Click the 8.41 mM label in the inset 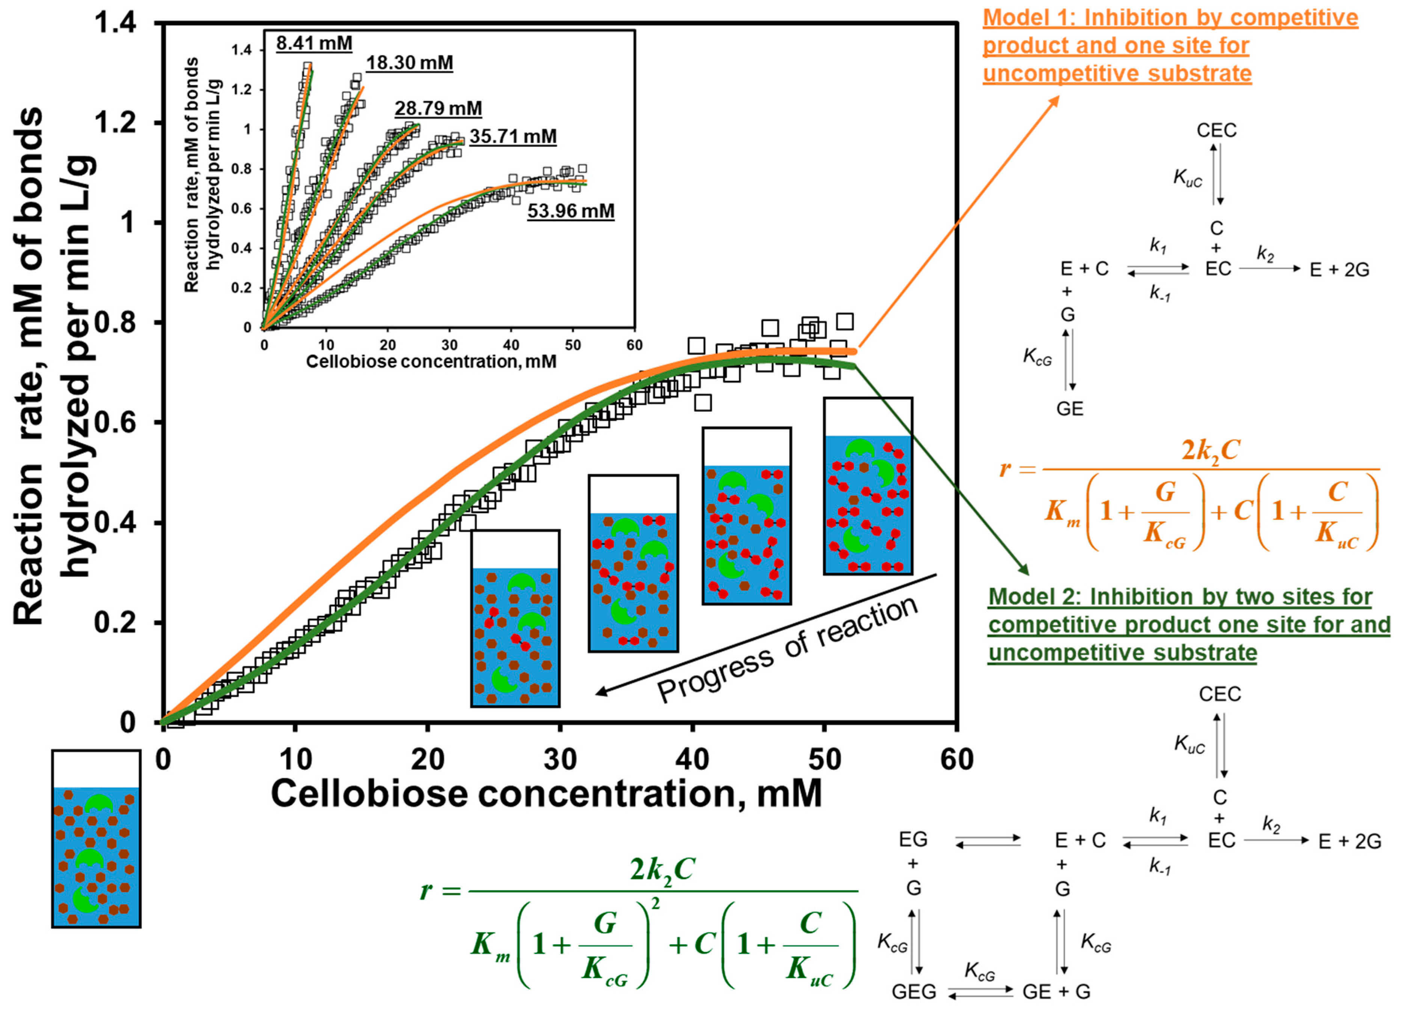coord(314,43)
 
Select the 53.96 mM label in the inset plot coord(571,211)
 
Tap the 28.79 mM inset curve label coord(438,108)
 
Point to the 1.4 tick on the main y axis coord(116,24)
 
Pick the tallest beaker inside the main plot coord(867,486)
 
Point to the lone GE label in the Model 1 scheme coord(1069,409)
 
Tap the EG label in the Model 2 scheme coord(913,840)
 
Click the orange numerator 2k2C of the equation coord(1209,451)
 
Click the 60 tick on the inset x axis coord(634,345)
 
